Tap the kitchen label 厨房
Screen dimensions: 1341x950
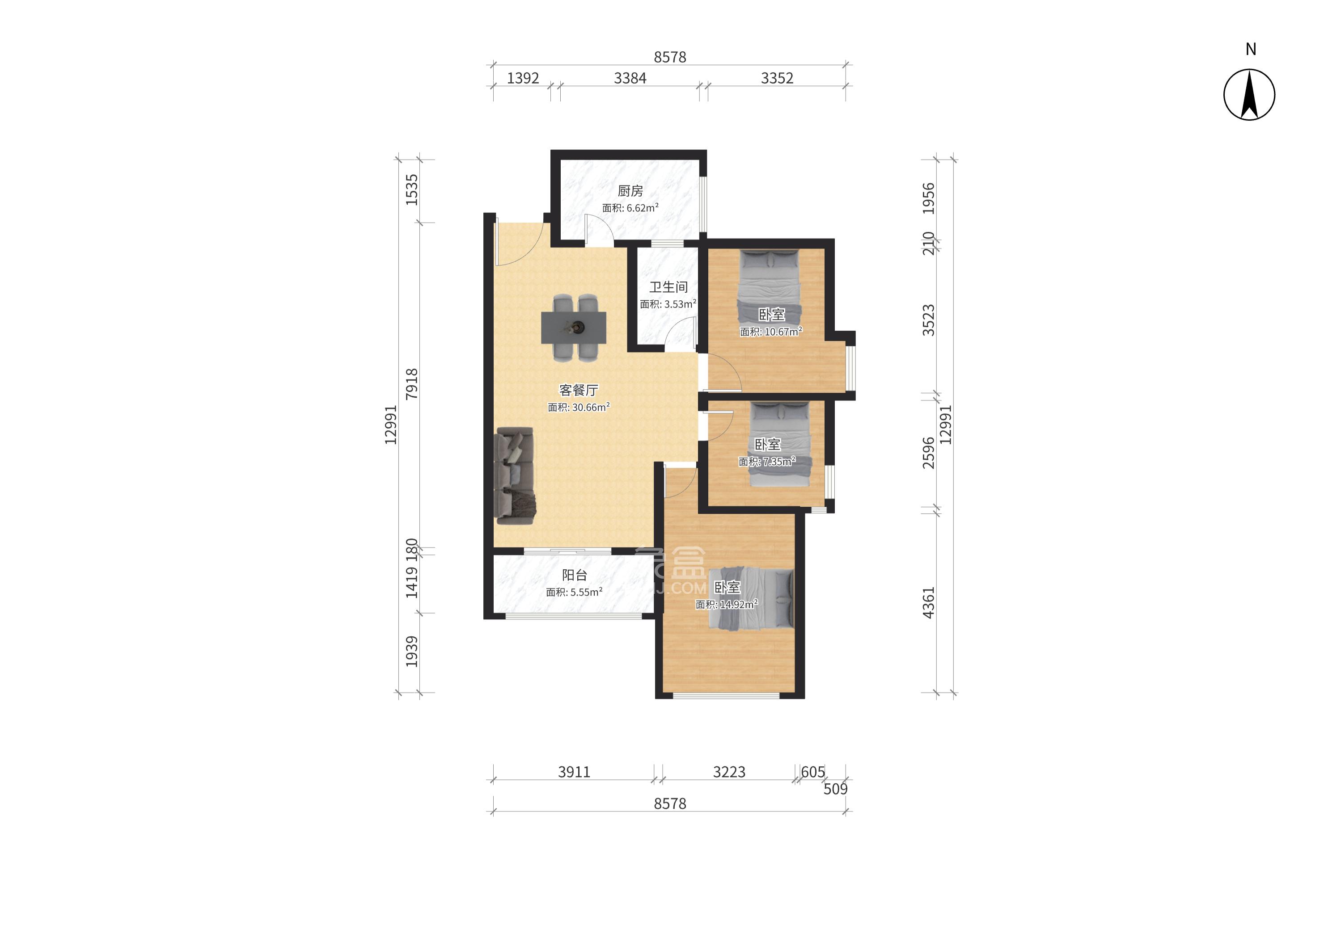[630, 191]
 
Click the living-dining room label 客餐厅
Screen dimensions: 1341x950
[578, 390]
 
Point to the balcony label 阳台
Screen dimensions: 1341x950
[574, 575]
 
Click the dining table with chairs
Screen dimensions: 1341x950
[164, 328]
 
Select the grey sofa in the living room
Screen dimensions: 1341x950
[106, 475]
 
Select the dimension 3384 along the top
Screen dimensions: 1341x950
[630, 78]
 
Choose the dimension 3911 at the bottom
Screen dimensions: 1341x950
[574, 772]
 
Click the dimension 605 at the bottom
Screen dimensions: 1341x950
[812, 772]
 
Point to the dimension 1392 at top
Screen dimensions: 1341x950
[523, 78]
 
